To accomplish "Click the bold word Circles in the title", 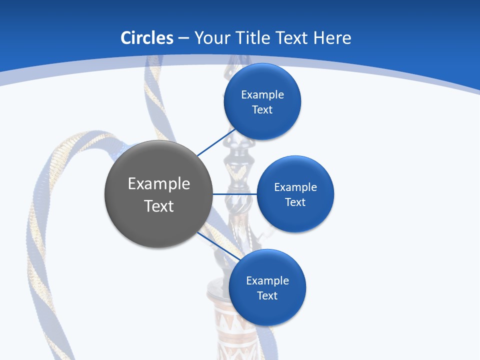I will (x=146, y=38).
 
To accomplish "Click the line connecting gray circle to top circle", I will (x=216, y=142).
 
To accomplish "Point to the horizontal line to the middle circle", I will (x=235, y=194).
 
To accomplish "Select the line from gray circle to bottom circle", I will (x=218, y=246).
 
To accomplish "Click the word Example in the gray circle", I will (x=158, y=184).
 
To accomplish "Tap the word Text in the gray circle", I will (x=158, y=206).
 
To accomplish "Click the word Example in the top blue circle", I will (x=262, y=95).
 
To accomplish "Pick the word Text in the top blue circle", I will (x=262, y=110).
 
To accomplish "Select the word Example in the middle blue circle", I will (x=295, y=187).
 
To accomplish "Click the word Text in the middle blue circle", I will (x=295, y=202).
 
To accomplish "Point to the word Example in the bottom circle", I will (x=267, y=281).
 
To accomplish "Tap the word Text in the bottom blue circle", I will (x=267, y=296).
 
